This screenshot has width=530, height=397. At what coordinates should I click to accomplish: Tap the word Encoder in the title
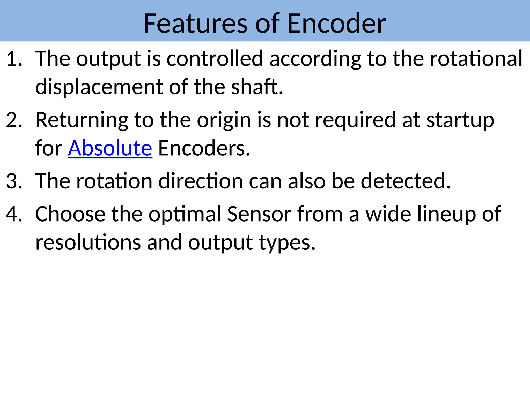[336, 24]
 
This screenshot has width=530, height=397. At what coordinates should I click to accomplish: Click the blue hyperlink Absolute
[110, 148]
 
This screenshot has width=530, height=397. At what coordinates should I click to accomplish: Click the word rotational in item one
[476, 59]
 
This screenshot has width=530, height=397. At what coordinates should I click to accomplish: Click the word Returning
[82, 120]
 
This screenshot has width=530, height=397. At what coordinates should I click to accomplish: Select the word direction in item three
[201, 181]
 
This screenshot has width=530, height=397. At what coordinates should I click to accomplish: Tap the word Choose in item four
[70, 214]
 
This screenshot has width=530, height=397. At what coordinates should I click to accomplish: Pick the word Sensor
[259, 214]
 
